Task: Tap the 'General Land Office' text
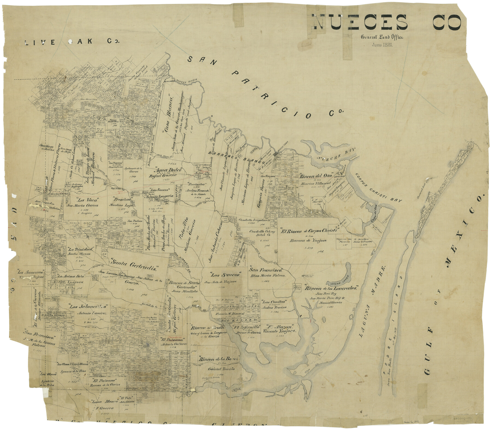pos(382,37)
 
